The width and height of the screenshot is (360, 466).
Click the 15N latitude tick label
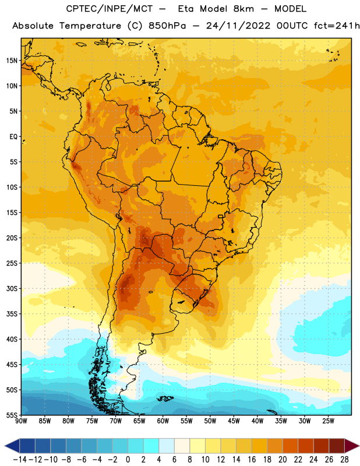pos(12,61)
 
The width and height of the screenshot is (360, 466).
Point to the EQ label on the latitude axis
pos(13,137)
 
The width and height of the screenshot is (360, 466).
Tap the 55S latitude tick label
pos(12,415)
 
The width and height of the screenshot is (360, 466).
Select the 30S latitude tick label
pos(12,288)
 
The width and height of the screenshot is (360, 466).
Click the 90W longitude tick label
pos(21,421)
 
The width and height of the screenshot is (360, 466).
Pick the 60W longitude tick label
pos(163,421)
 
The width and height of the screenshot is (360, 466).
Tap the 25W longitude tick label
pos(328,421)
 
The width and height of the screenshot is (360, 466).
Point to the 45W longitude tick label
pos(234,421)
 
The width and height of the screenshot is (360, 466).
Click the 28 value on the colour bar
pos(344,460)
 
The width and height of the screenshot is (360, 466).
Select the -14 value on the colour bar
pos(20,460)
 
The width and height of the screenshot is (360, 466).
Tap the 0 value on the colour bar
pos(128,460)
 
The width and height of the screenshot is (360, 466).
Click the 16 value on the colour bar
pos(252,460)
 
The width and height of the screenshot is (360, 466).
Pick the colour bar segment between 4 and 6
pos(167,446)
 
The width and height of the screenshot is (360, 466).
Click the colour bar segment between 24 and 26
pos(321,446)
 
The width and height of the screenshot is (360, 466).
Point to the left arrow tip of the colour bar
pos(5,446)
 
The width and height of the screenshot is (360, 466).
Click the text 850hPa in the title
pos(167,26)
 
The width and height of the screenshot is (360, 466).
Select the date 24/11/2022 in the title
pos(238,26)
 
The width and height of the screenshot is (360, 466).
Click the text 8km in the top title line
pos(243,9)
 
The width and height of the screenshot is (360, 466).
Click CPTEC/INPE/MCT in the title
pos(109,9)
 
